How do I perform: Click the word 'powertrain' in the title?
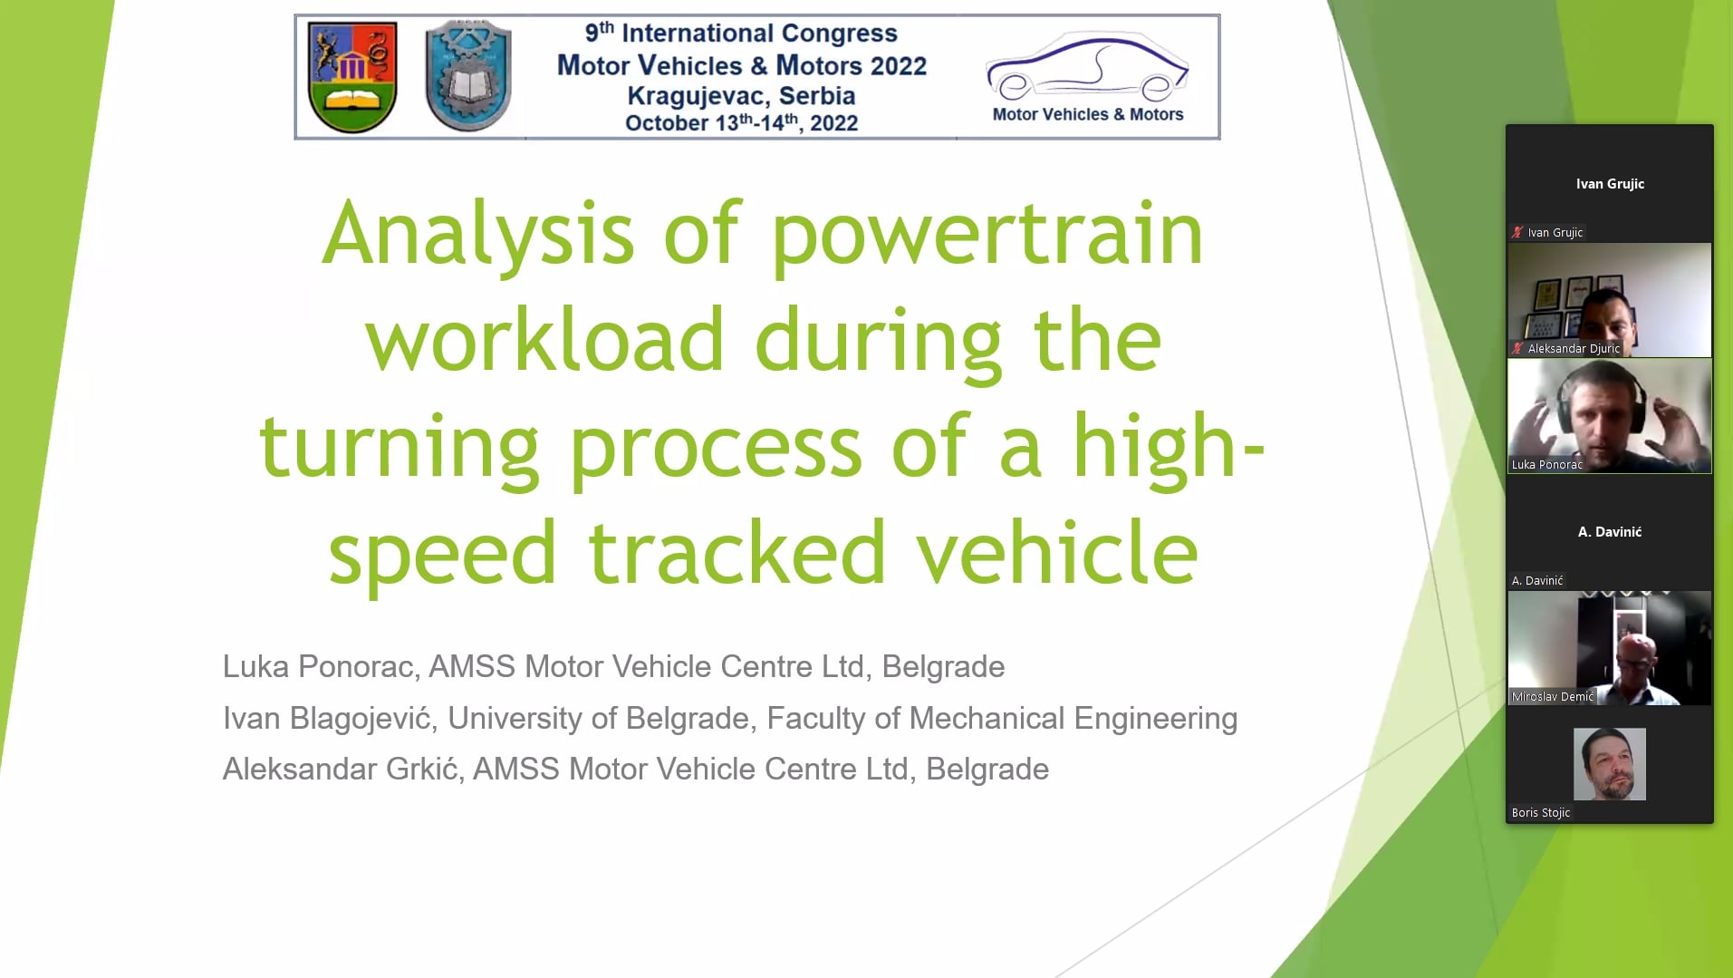(x=987, y=235)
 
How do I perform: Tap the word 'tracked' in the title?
(x=737, y=552)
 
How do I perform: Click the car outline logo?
(x=1087, y=66)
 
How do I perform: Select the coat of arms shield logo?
(x=352, y=78)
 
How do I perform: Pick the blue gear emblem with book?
(x=468, y=76)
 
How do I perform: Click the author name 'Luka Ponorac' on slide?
(x=319, y=666)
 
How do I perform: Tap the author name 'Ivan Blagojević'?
(x=327, y=718)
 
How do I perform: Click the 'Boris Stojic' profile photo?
(x=1610, y=764)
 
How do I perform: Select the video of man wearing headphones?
(x=1610, y=416)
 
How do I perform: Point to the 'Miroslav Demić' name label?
(x=1552, y=697)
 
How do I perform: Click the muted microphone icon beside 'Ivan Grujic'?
(x=1517, y=233)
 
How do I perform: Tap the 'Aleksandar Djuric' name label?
(x=1574, y=349)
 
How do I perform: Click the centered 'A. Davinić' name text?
(x=1610, y=532)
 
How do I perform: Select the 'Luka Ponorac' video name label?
(x=1547, y=465)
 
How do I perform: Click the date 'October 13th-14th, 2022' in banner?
(x=741, y=122)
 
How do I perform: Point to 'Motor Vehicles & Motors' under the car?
(x=1088, y=114)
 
